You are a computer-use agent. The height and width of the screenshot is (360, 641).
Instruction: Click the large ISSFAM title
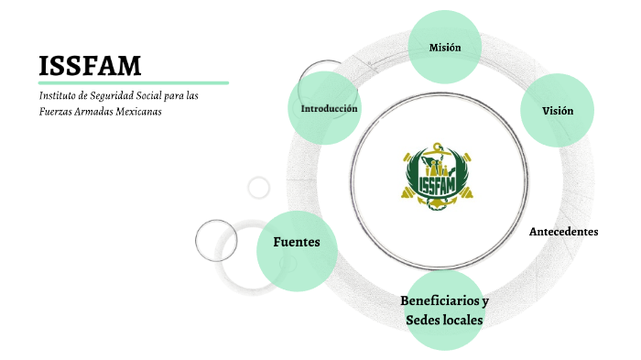(x=90, y=65)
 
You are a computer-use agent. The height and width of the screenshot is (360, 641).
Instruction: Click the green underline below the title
(x=133, y=82)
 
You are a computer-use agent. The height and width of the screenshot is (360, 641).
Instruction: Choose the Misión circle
(x=445, y=47)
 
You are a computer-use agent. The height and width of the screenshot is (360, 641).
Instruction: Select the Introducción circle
(x=329, y=109)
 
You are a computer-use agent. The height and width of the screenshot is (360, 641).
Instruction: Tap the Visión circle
(x=557, y=111)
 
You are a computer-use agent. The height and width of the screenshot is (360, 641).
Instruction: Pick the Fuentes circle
(x=296, y=243)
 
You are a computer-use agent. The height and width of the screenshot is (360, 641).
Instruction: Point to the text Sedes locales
(x=444, y=321)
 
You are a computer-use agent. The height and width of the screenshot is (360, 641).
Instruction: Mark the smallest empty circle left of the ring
(x=259, y=188)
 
